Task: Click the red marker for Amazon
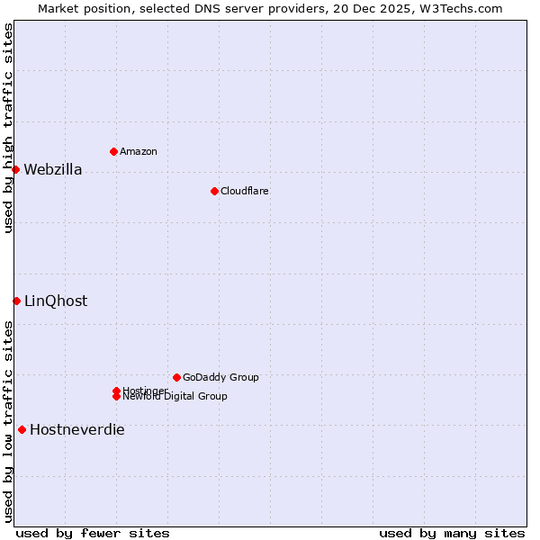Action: pos(113,151)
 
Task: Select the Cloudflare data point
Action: pos(214,191)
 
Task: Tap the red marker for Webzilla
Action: pos(15,169)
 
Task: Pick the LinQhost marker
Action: pos(16,301)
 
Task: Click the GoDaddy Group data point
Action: pos(176,377)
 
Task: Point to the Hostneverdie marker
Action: pos(22,429)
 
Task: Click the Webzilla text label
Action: pos(53,170)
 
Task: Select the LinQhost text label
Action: pos(56,301)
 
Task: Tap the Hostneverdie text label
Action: pos(77,430)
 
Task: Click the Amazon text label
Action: pos(139,152)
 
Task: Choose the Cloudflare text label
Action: pos(245,192)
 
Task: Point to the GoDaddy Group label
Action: pos(220,378)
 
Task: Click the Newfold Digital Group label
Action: pos(175,397)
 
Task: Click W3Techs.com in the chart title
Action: pos(458,9)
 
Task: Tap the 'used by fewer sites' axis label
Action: pos(93,533)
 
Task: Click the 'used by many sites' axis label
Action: pos(452,533)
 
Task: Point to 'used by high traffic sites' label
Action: pos(9,128)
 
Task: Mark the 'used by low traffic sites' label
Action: pos(9,421)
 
